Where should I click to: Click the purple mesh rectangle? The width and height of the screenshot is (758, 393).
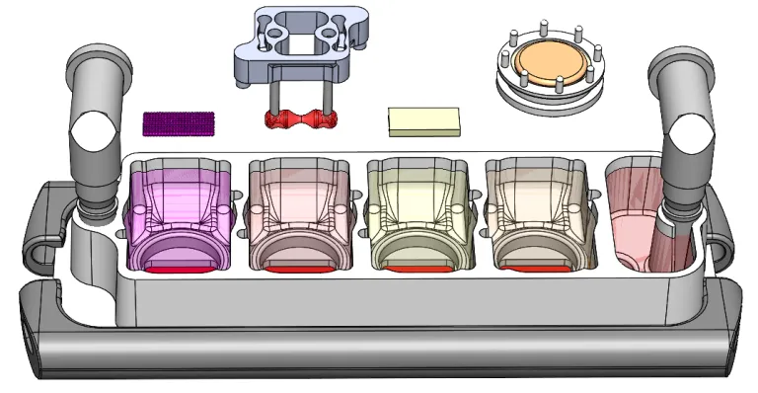(x=179, y=122)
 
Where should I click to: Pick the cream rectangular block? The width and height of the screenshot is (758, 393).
(x=424, y=120)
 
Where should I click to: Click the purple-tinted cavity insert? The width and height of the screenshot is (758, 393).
(x=178, y=207)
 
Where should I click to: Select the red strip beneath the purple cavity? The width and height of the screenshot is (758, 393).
(x=179, y=267)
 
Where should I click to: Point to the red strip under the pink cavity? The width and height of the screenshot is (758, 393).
(x=295, y=268)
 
